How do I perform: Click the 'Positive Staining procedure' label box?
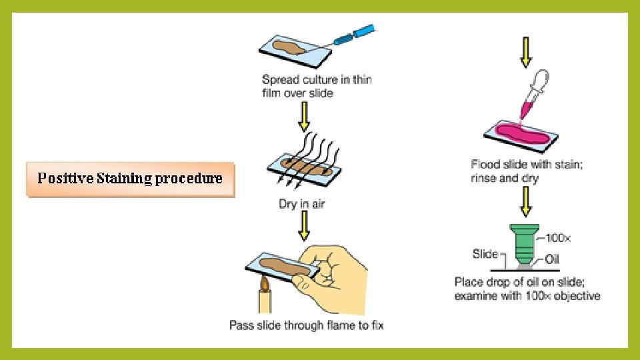point(130,179)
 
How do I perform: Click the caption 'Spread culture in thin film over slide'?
point(317,86)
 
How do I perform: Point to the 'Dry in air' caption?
point(301,203)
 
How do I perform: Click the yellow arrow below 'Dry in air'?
point(303,227)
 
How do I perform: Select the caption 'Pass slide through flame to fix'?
point(306,325)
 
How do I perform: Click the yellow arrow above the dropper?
point(526,53)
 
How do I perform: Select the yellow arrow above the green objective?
point(526,201)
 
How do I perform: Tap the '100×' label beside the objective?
point(559,237)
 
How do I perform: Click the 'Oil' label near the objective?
point(553,259)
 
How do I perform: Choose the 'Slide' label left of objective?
point(485,253)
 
